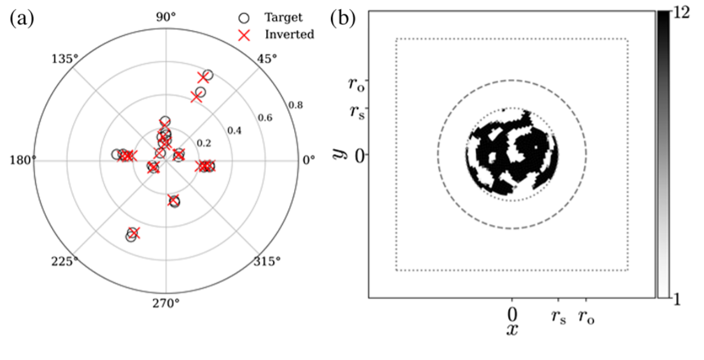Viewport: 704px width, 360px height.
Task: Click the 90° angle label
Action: point(166,18)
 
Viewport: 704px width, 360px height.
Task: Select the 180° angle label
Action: point(22,160)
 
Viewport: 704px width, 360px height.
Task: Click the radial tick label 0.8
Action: point(295,105)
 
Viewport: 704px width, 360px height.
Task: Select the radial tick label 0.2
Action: point(204,143)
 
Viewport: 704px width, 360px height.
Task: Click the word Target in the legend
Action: point(283,18)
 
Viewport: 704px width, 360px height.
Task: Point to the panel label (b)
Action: point(343,19)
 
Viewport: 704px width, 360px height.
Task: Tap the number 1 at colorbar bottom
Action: point(676,300)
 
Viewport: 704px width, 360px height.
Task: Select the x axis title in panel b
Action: point(512,329)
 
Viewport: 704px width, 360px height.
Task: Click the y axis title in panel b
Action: point(338,153)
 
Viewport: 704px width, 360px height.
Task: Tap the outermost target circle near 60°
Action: point(208,75)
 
